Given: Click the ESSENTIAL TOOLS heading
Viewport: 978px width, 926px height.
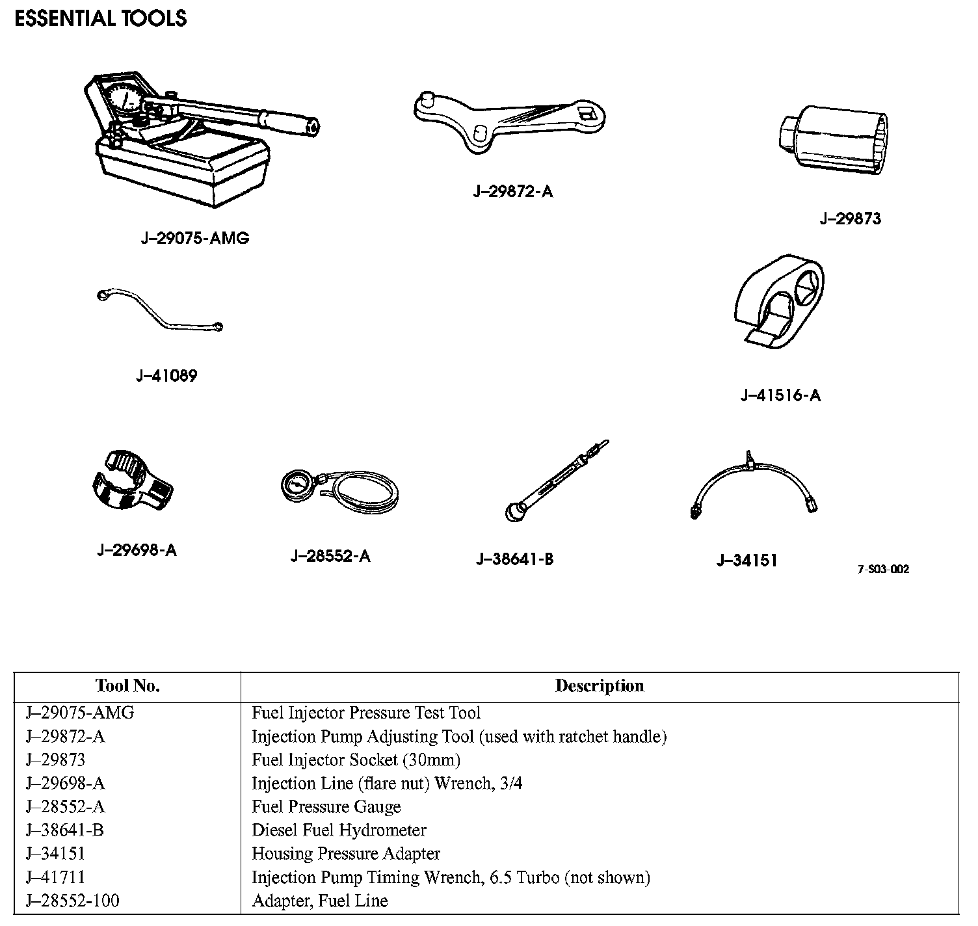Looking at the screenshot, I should coord(100,18).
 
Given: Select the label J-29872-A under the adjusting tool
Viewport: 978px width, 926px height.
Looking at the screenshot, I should coord(512,191).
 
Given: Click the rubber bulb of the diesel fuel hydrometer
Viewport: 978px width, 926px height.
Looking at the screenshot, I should coord(516,512).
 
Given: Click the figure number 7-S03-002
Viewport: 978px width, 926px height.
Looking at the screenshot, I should coord(883,570).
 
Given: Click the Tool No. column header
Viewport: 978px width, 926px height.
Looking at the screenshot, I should coord(127,686).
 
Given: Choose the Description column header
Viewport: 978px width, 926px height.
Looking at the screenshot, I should coord(599,686).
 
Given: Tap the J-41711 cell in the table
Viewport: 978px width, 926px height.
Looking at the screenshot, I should coord(55,877).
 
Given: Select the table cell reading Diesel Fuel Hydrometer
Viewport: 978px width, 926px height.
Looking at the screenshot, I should coord(339,830).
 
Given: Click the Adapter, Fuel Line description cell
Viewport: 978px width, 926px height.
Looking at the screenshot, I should coord(319,901).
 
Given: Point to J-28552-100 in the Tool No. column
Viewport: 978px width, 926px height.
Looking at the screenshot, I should coord(72,901).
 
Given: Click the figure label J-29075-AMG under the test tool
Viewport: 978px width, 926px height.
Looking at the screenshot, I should coord(195,238).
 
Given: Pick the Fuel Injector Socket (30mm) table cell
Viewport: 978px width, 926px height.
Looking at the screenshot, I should coord(356,760).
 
